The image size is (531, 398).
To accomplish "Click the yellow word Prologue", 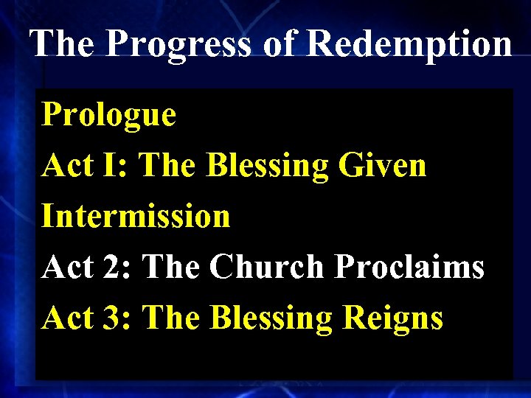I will coord(109,116).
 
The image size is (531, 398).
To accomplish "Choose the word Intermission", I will coord(136,217).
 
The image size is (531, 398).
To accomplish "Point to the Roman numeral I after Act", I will coord(115,166).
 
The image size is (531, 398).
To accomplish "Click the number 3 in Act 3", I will coord(119,318).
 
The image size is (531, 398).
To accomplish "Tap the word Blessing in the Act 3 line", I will coord(271,318).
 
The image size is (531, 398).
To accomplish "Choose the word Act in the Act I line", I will coord(66,166).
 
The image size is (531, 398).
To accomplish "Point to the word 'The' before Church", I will coord(172,268).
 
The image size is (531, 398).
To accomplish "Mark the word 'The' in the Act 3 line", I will coord(172,318).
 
